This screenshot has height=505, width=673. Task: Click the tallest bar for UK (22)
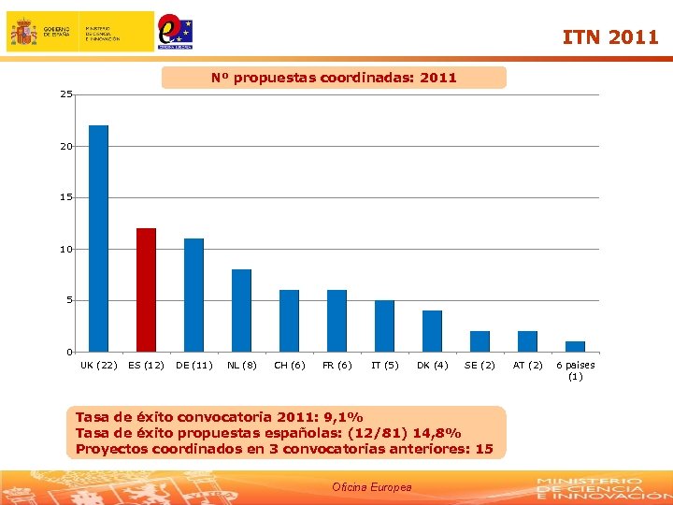coord(98,238)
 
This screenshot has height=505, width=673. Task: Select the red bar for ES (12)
coord(146,290)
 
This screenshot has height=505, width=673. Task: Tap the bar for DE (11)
coord(193,295)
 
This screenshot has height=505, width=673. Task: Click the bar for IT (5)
coord(384,325)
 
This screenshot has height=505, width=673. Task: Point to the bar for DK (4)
coord(432,331)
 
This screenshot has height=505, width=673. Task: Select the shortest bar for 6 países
coord(575,346)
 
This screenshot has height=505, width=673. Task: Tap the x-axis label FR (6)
coord(336,365)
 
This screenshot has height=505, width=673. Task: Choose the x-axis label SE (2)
coord(480,365)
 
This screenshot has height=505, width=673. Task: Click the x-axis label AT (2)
coord(527,365)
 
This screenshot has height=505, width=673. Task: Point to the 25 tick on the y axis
coord(65,94)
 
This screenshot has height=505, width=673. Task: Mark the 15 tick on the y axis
coord(65,197)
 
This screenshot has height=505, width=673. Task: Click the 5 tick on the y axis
coord(68,300)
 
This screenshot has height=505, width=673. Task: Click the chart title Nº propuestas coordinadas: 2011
coord(334,78)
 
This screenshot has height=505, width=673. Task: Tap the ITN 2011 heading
coord(609,37)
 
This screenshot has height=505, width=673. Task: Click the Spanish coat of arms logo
coord(23,32)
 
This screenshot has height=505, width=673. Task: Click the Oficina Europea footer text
coord(371,487)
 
